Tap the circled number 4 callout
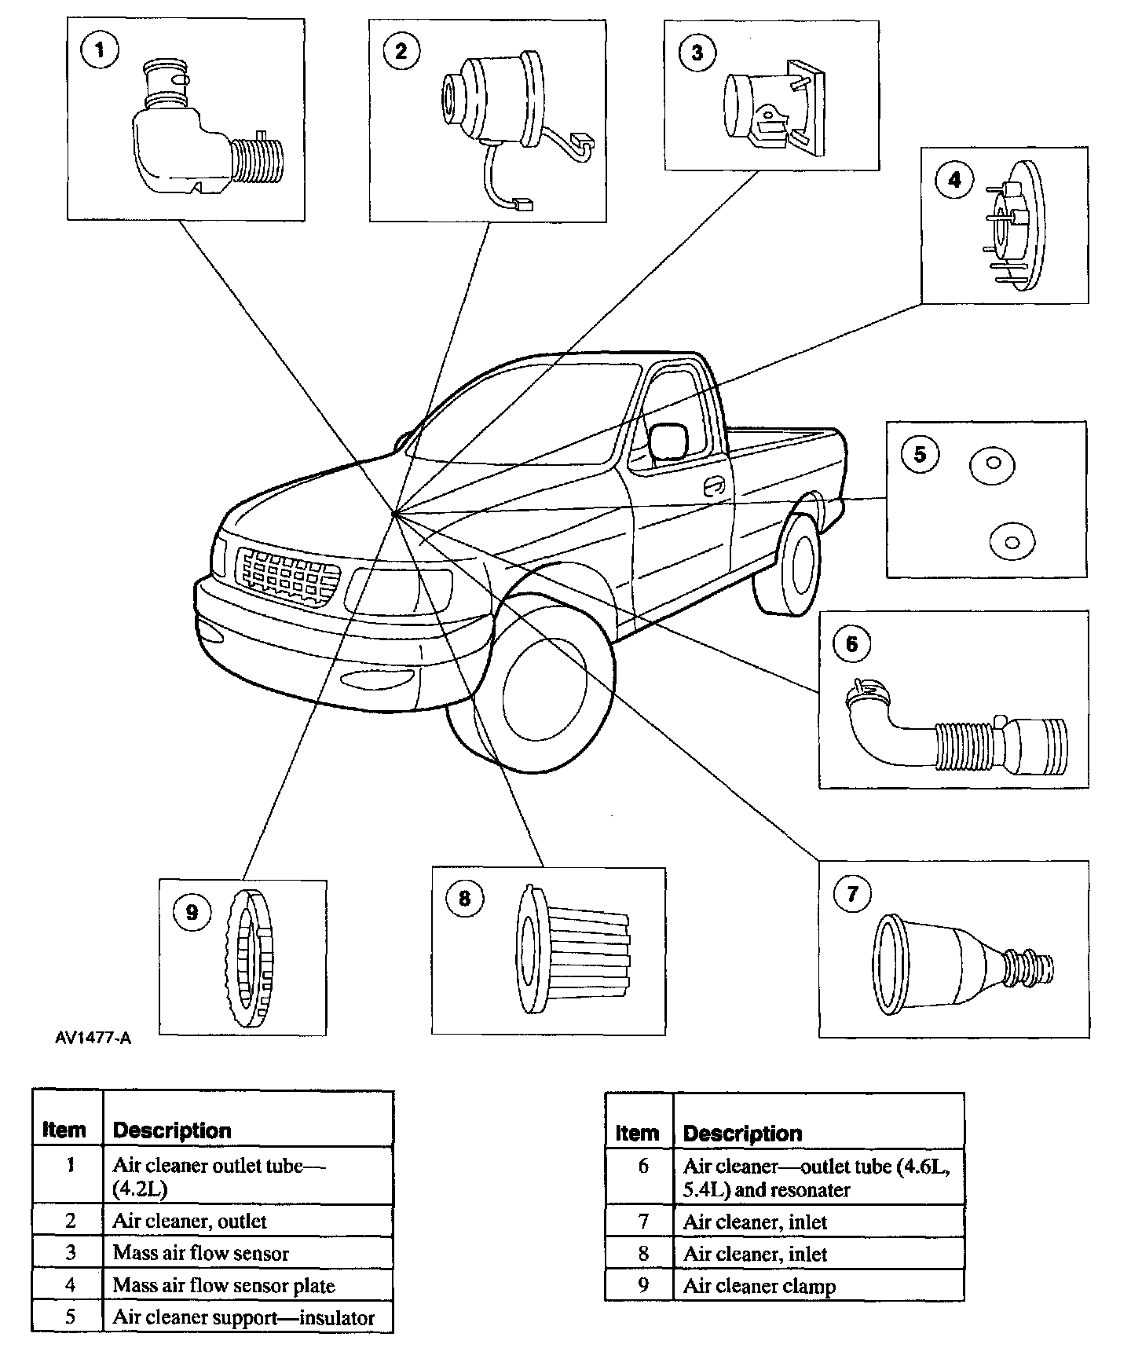click(x=953, y=180)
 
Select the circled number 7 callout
click(x=853, y=894)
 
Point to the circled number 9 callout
click(x=192, y=912)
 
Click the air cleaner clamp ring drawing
click(x=249, y=956)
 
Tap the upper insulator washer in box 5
click(x=993, y=464)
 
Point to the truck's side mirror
click(x=668, y=441)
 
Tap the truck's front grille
click(x=287, y=577)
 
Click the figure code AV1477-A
click(x=93, y=1038)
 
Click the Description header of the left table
click(x=172, y=1130)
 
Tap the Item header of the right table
click(x=637, y=1133)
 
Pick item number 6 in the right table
click(x=643, y=1167)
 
